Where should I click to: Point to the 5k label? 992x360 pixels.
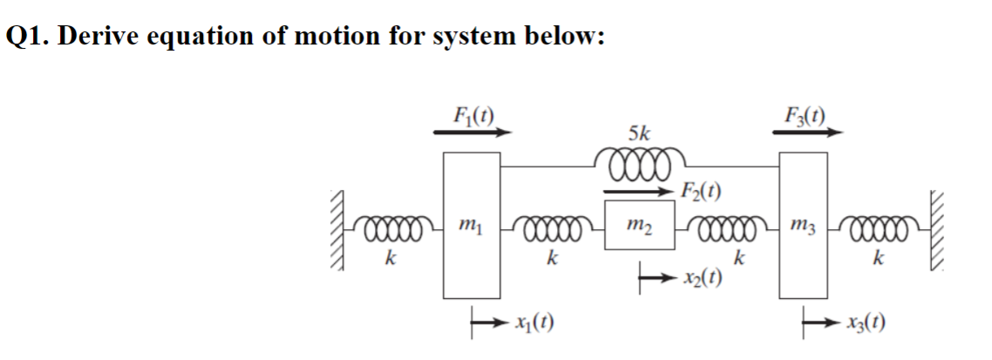point(638,133)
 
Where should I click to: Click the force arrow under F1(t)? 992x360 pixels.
point(471,132)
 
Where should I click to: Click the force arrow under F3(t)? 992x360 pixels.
point(807,132)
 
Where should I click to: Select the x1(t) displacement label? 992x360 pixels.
point(533,326)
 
